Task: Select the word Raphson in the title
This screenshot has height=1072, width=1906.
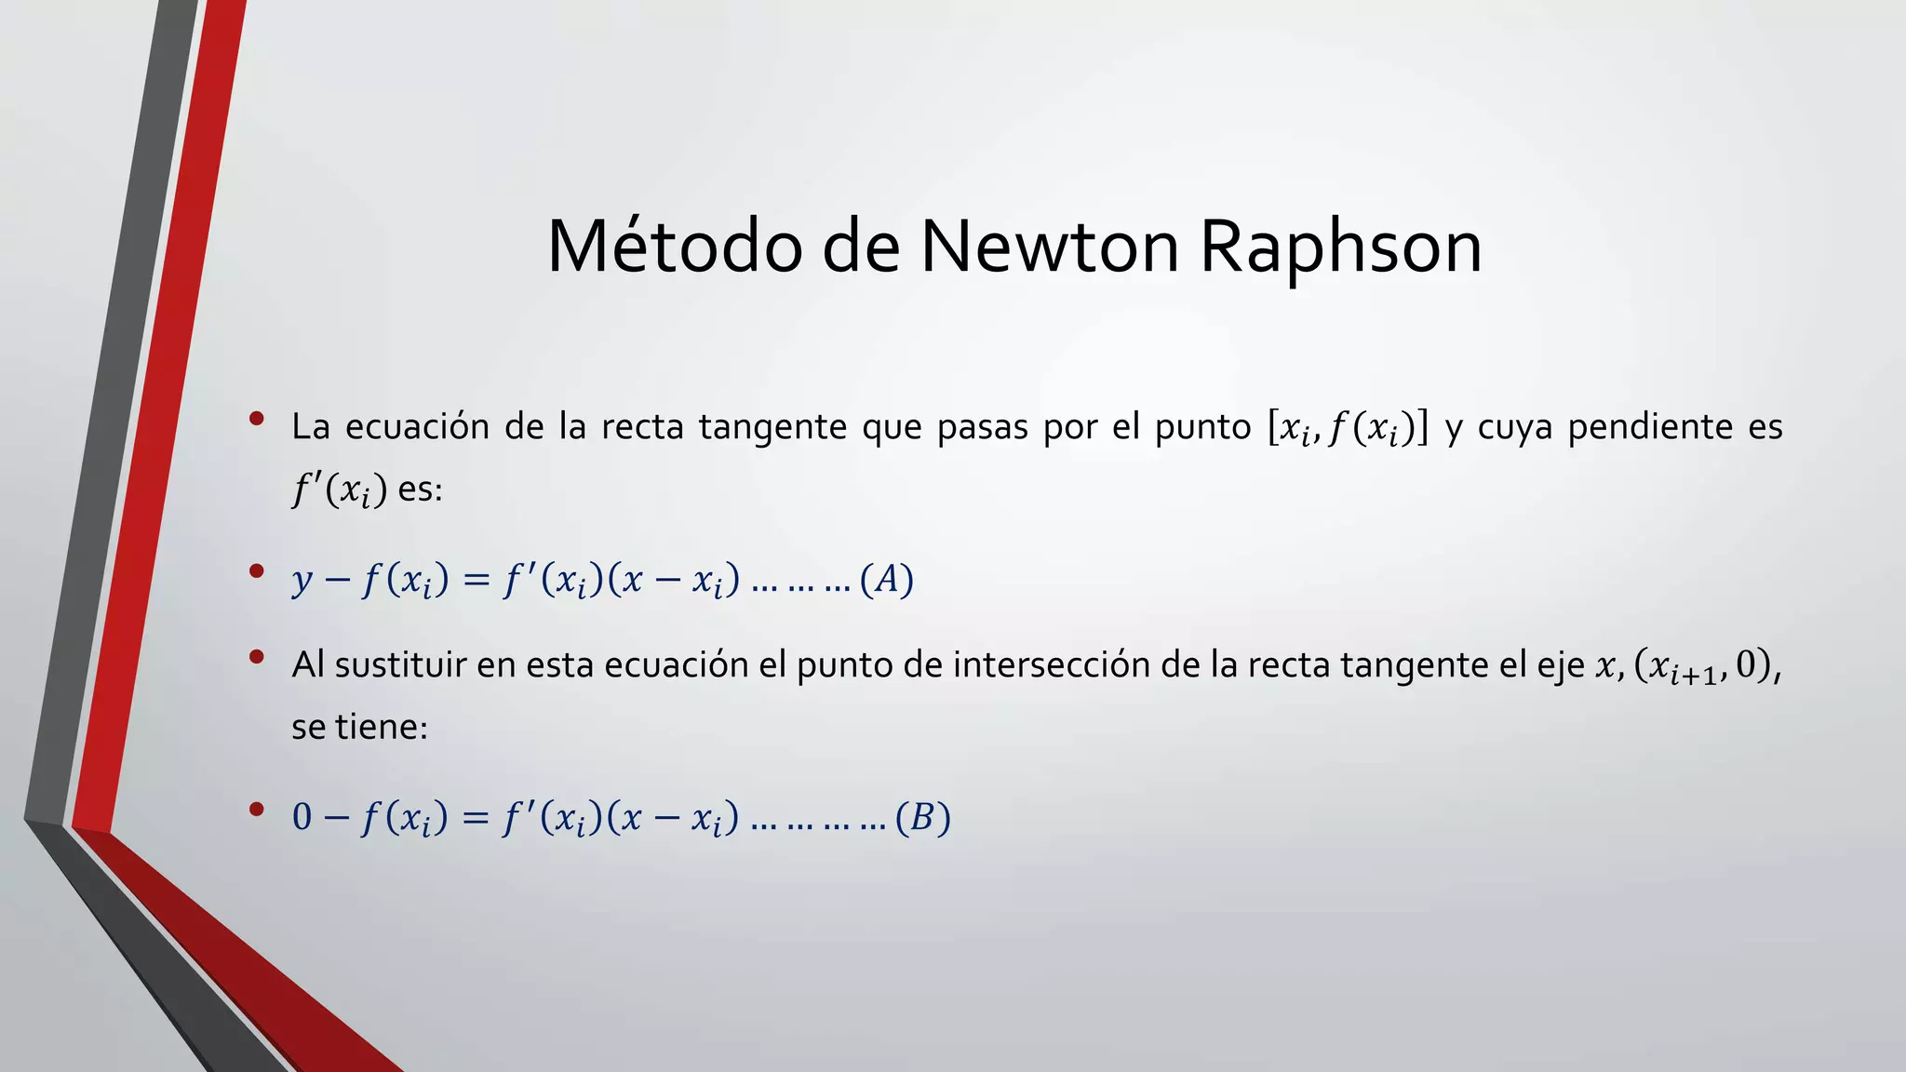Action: coord(1341,249)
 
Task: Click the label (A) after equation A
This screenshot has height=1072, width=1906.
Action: coord(887,579)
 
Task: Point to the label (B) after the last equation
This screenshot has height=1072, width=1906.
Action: coord(922,818)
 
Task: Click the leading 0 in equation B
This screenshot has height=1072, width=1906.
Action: coord(302,817)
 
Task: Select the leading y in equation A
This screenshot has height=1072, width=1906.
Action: coord(302,581)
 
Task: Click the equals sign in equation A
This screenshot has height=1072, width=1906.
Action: coord(476,580)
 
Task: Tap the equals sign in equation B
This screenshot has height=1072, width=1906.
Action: coord(476,818)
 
